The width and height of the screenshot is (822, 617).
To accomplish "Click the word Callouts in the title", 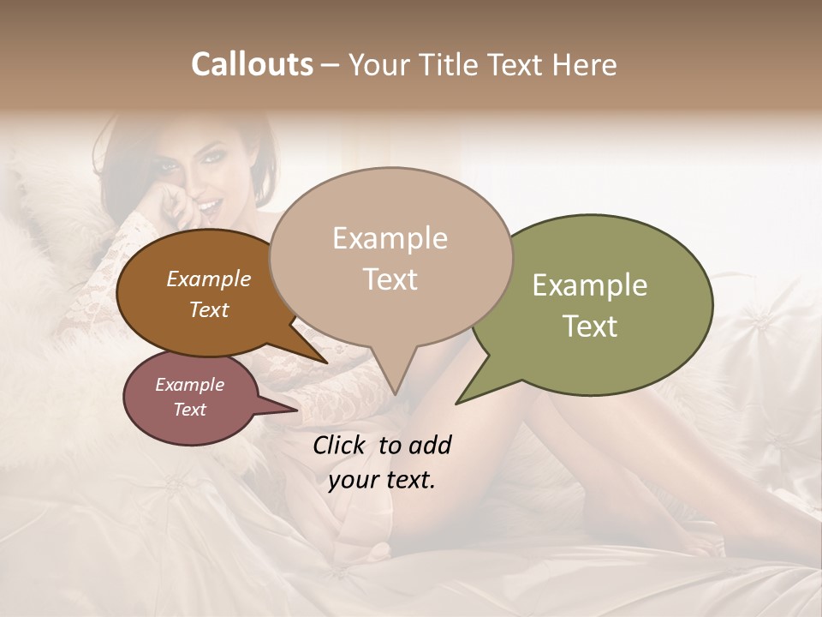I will [x=252, y=64].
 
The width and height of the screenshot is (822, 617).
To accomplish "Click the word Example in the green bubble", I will [x=590, y=285].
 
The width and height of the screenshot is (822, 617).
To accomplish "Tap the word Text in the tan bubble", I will [x=390, y=279].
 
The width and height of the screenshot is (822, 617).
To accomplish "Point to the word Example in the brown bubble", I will [x=209, y=279].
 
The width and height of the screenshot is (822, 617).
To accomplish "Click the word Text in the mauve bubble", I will [x=190, y=410].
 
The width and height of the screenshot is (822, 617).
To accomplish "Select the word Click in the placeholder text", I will [x=340, y=445].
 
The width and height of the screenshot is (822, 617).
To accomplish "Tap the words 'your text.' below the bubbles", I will [x=382, y=481].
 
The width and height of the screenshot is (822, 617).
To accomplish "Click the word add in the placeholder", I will [x=428, y=445].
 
